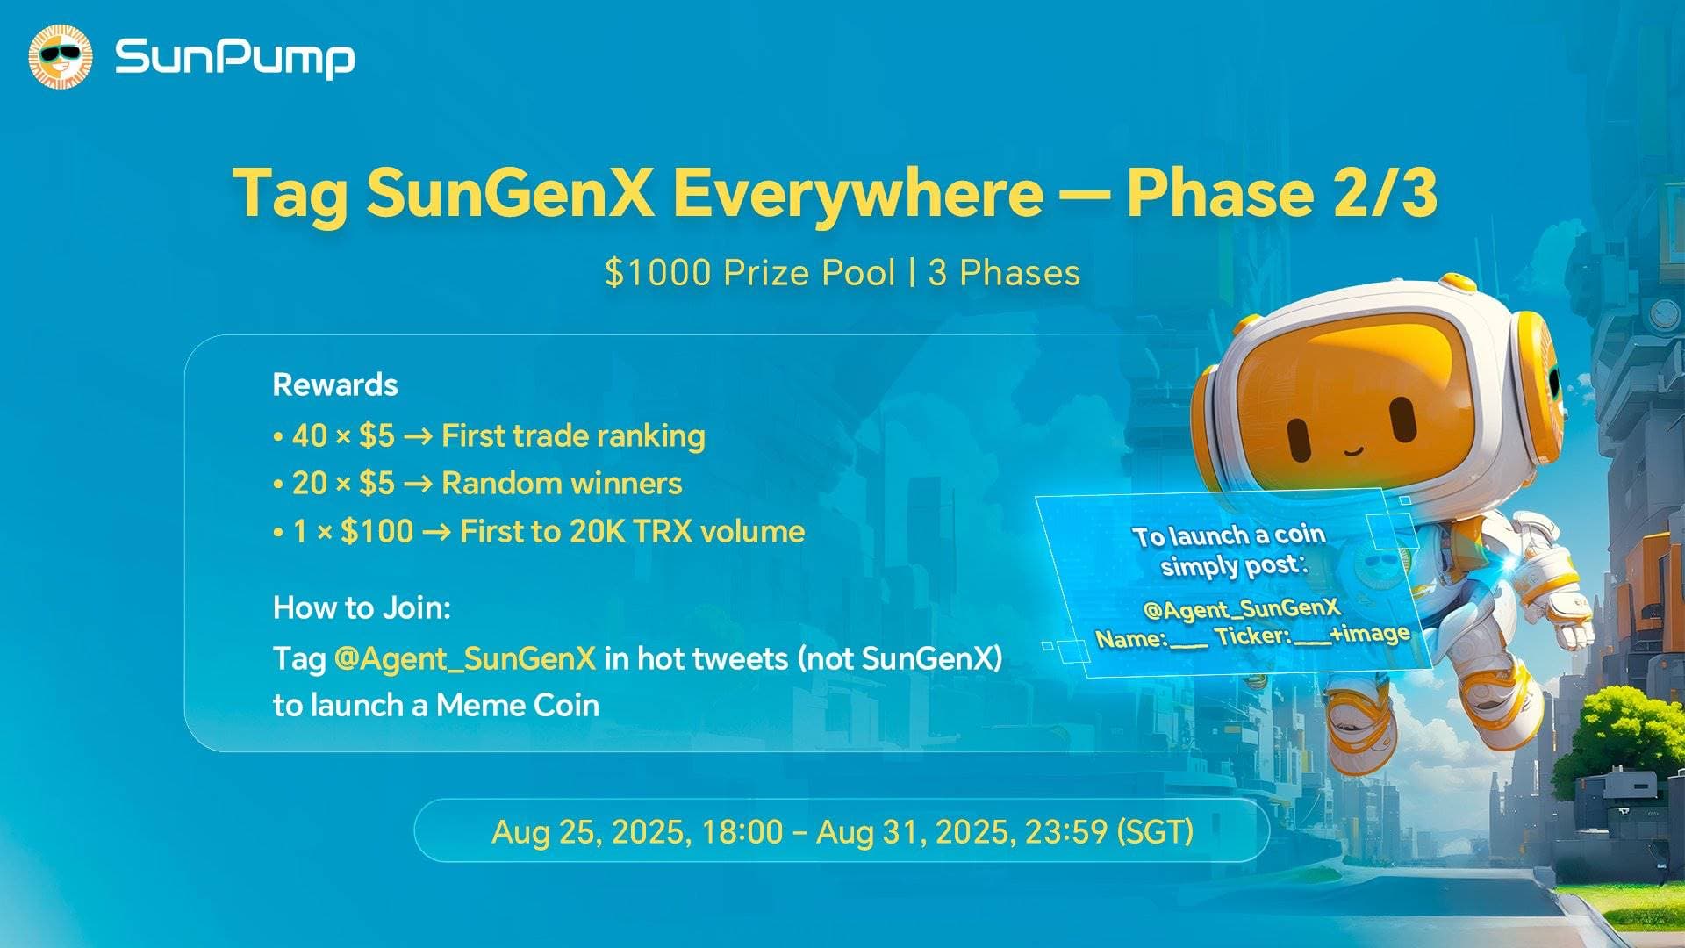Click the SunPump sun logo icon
point(60,58)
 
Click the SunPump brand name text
point(234,58)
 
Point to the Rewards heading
point(335,384)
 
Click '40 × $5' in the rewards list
point(343,435)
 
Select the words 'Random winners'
point(562,483)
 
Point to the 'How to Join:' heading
point(362,607)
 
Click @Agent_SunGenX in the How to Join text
point(465,657)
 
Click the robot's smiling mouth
point(1353,451)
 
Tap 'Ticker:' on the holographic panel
point(1252,636)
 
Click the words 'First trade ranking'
point(573,435)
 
